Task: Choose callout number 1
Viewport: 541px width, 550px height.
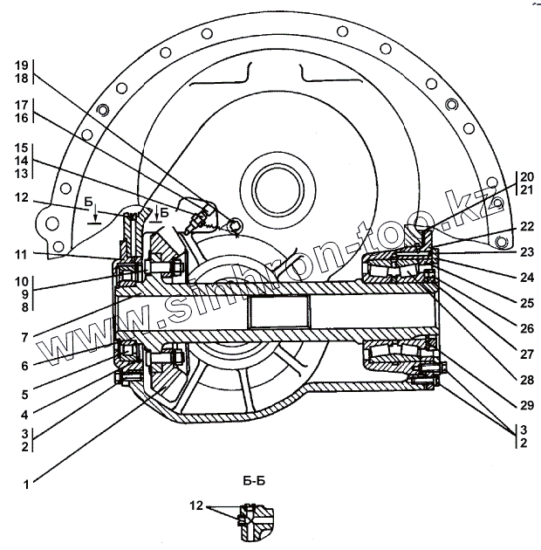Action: [x=25, y=483]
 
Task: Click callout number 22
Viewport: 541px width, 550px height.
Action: [x=526, y=225]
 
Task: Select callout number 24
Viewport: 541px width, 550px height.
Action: [x=526, y=278]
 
